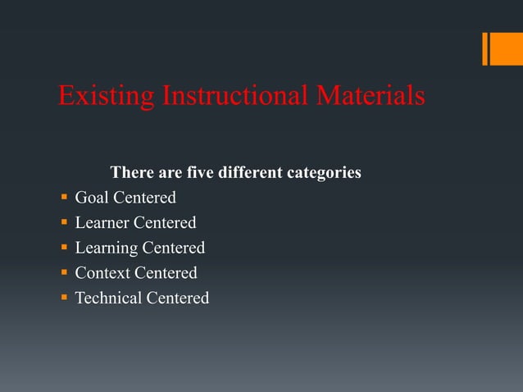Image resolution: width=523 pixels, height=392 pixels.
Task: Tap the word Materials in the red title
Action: pyautogui.click(x=371, y=96)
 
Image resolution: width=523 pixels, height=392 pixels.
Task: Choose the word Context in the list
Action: pyautogui.click(x=102, y=273)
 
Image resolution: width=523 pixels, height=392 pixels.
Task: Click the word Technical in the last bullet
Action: pyautogui.click(x=108, y=298)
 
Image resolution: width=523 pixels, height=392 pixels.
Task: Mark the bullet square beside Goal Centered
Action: pyautogui.click(x=64, y=198)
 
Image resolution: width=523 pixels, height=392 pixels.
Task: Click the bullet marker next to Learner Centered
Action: pyautogui.click(x=64, y=223)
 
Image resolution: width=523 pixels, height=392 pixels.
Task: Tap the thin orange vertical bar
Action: pyautogui.click(x=484, y=48)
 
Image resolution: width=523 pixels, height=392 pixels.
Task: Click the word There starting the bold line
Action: pyautogui.click(x=130, y=174)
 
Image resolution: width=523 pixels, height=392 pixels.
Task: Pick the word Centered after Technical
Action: pyautogui.click(x=177, y=298)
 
